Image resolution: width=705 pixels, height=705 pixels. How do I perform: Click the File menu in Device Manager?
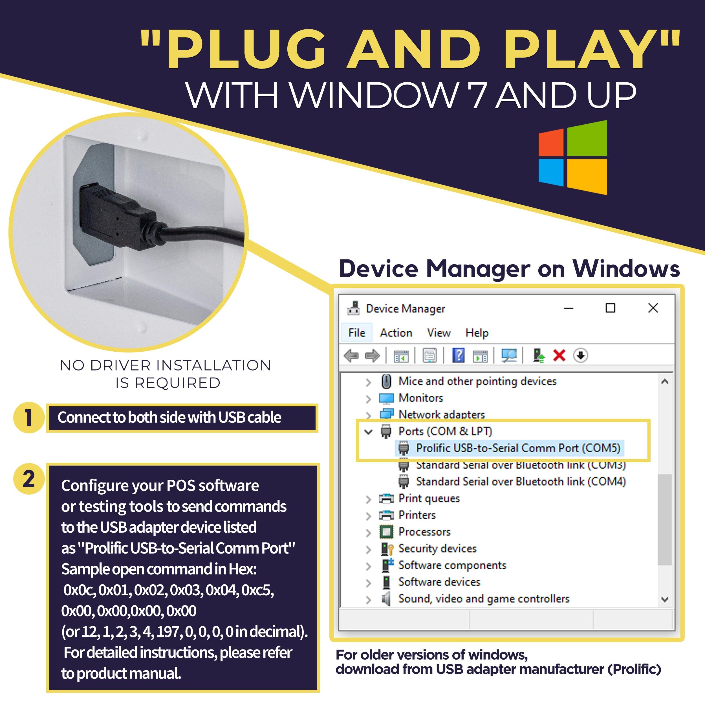pyautogui.click(x=356, y=333)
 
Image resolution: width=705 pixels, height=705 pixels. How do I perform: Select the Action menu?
pyautogui.click(x=396, y=333)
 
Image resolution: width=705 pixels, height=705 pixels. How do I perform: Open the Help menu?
pyautogui.click(x=477, y=333)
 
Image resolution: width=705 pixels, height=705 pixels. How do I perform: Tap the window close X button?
pyautogui.click(x=653, y=308)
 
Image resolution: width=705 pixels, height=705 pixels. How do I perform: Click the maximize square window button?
pyautogui.click(x=610, y=308)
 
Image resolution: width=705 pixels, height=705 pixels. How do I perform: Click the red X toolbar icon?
pyautogui.click(x=559, y=355)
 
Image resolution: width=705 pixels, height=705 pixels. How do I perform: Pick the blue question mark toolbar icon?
pyautogui.click(x=458, y=355)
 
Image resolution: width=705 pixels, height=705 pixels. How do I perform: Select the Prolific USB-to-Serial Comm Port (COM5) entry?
pyautogui.click(x=518, y=448)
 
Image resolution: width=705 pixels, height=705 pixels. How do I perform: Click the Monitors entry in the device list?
pyautogui.click(x=421, y=398)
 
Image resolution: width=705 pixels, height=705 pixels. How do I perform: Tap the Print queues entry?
pyautogui.click(x=429, y=499)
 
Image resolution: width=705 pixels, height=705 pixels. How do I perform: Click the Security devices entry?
pyautogui.click(x=437, y=548)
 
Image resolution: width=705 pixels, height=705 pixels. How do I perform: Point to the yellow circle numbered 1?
pyautogui.click(x=29, y=418)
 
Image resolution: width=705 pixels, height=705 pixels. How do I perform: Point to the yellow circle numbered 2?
pyautogui.click(x=29, y=479)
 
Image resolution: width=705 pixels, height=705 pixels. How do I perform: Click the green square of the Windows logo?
pyautogui.click(x=587, y=139)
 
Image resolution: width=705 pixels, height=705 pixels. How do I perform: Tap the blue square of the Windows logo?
pyautogui.click(x=551, y=171)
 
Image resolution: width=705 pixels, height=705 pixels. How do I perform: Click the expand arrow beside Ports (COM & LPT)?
pyautogui.click(x=369, y=432)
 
